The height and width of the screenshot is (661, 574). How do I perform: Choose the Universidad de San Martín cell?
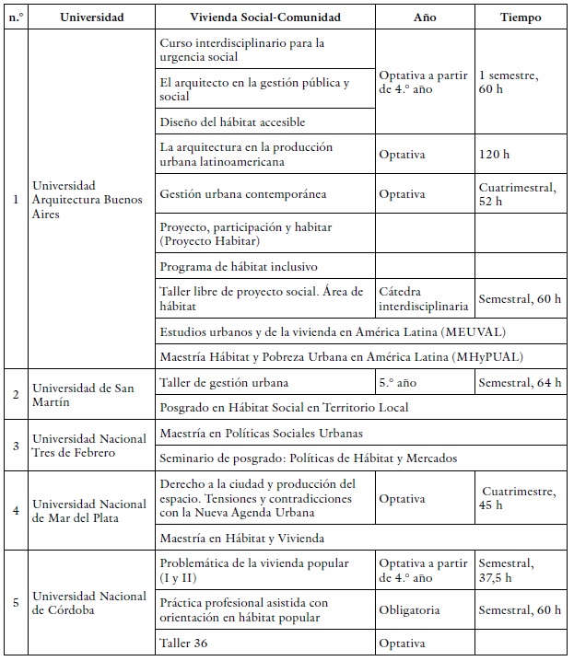[x=83, y=394]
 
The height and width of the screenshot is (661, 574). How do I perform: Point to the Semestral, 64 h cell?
[x=521, y=383]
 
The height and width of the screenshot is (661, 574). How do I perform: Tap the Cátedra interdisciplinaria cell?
[x=424, y=299]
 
